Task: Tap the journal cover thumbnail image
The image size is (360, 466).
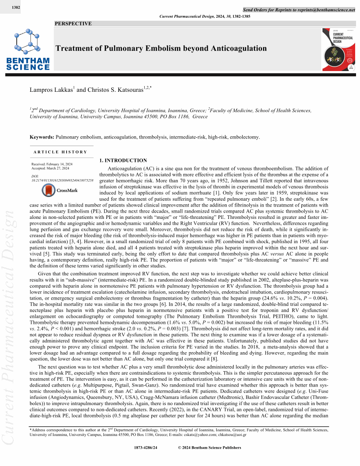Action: coord(338,50)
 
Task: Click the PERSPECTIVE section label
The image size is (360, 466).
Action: coord(73,24)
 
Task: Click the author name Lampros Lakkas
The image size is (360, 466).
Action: coord(51,90)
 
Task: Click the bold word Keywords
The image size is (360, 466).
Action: coord(41,137)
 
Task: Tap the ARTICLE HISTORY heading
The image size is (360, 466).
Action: coord(60,152)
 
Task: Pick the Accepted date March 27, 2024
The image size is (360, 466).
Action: coord(58,168)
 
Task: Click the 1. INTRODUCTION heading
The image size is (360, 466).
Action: coord(123,161)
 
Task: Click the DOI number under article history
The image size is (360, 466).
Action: coord(62,180)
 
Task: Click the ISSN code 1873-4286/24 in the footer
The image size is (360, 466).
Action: coord(145,447)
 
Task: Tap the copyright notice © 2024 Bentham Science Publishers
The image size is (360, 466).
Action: coord(209,447)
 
